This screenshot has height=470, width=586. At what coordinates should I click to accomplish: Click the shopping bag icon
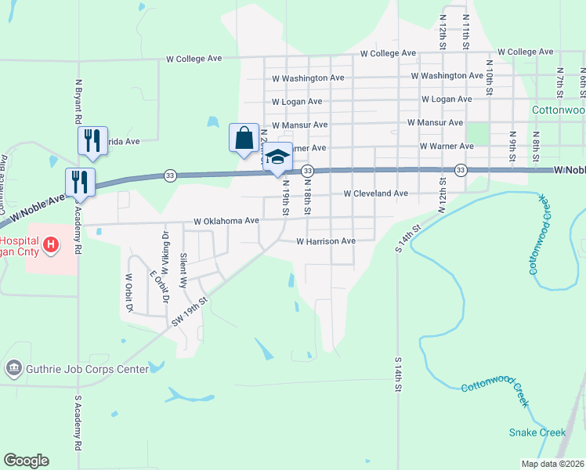pyautogui.click(x=244, y=138)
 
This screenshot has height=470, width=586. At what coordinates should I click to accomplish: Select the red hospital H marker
pyautogui.click(x=51, y=245)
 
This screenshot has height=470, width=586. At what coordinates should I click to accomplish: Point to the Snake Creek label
pyautogui.click(x=537, y=432)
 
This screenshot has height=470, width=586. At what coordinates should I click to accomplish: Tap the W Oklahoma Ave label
pyautogui.click(x=226, y=221)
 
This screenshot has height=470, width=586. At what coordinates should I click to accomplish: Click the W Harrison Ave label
pyautogui.click(x=326, y=241)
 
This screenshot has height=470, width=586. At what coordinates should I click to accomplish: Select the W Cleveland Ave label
pyautogui.click(x=376, y=193)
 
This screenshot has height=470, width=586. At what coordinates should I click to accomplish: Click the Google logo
pyautogui.click(x=26, y=461)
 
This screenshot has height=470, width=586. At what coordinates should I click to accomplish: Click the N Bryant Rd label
pyautogui.click(x=78, y=101)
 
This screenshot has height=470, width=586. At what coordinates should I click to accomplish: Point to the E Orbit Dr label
pyautogui.click(x=158, y=287)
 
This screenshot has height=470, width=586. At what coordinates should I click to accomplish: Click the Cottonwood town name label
pyautogui.click(x=559, y=110)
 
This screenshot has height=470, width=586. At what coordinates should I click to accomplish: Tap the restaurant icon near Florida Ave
pyautogui.click(x=92, y=140)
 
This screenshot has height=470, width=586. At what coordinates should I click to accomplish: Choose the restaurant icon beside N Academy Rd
pyautogui.click(x=80, y=181)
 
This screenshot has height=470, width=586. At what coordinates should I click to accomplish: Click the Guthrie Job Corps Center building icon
pyautogui.click(x=13, y=368)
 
